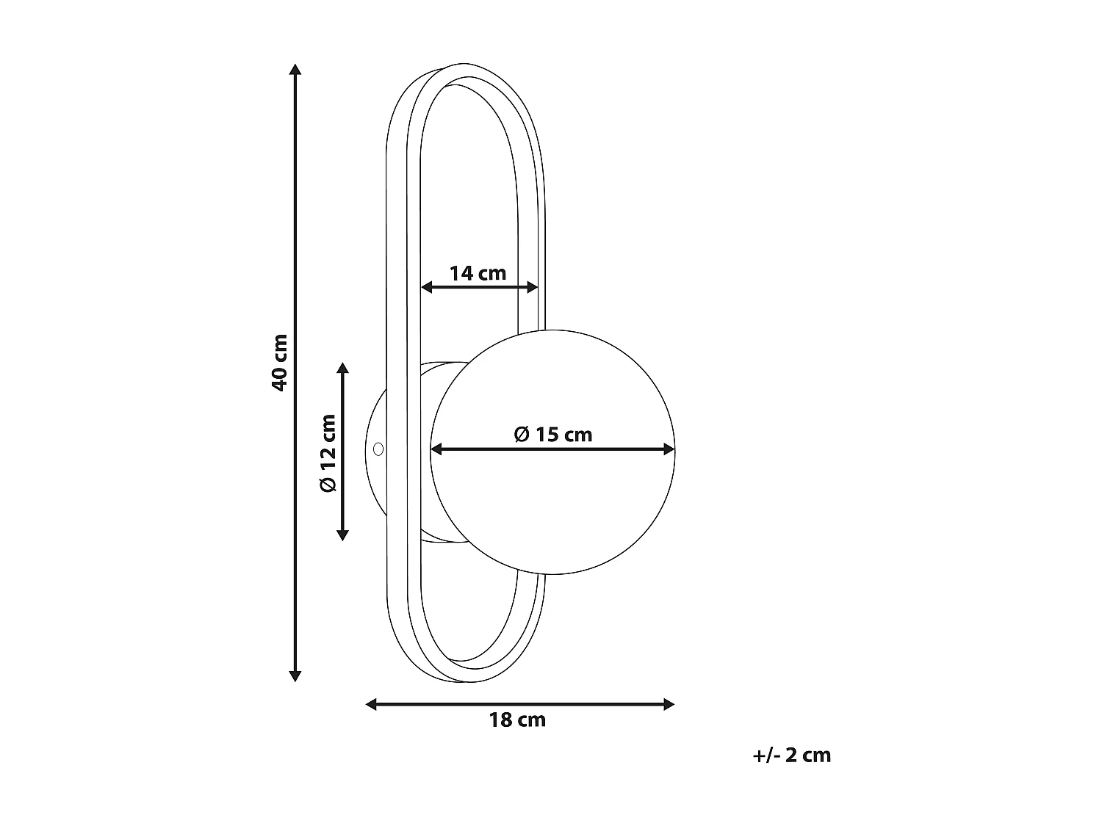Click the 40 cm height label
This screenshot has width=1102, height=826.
(x=279, y=362)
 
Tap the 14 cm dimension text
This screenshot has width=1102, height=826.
(x=478, y=273)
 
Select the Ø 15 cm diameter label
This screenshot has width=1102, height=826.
(x=552, y=434)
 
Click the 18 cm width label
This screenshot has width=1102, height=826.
(x=517, y=720)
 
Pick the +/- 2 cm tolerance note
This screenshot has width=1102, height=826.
(x=791, y=755)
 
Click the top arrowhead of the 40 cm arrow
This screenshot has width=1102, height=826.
(x=295, y=70)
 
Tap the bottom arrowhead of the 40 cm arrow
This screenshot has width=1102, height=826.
(x=295, y=675)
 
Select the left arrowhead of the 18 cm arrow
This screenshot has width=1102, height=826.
(x=372, y=704)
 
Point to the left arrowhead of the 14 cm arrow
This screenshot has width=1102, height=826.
(x=426, y=287)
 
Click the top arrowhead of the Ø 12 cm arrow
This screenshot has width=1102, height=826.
(x=342, y=368)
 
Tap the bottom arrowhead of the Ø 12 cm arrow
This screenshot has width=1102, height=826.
(x=342, y=535)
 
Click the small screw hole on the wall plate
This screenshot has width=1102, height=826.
(x=378, y=448)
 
